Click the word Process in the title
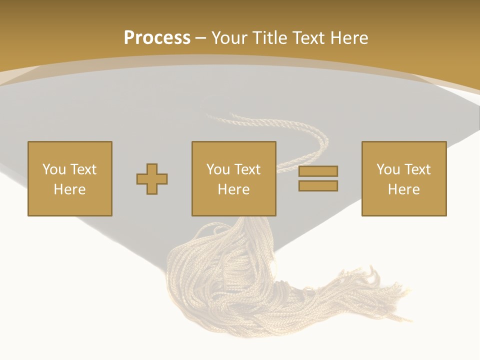coord(157,37)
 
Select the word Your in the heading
coord(230,38)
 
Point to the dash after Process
coord(200,38)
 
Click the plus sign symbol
coord(152,179)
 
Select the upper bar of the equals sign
coord(318,171)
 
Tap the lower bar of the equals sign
coord(318,185)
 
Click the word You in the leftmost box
coord(54,169)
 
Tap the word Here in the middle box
coord(234,189)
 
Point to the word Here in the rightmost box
coord(404,189)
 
